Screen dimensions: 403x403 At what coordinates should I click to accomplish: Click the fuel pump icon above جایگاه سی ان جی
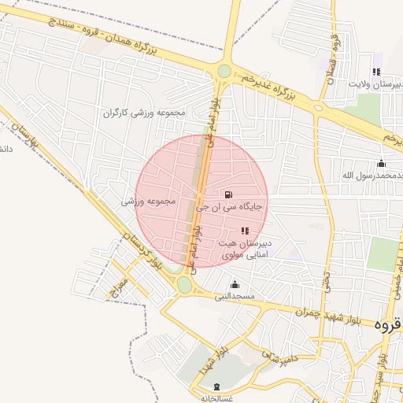(228, 194)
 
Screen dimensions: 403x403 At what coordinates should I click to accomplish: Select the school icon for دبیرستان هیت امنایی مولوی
(244, 230)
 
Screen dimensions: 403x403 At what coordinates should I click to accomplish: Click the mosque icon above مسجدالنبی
(234, 284)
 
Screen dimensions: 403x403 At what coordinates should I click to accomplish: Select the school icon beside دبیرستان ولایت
(375, 72)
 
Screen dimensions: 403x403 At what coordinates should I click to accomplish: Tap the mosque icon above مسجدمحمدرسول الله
(382, 164)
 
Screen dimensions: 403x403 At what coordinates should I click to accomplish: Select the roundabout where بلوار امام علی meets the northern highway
(224, 72)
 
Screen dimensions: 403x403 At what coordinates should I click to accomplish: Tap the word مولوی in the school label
(237, 257)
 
